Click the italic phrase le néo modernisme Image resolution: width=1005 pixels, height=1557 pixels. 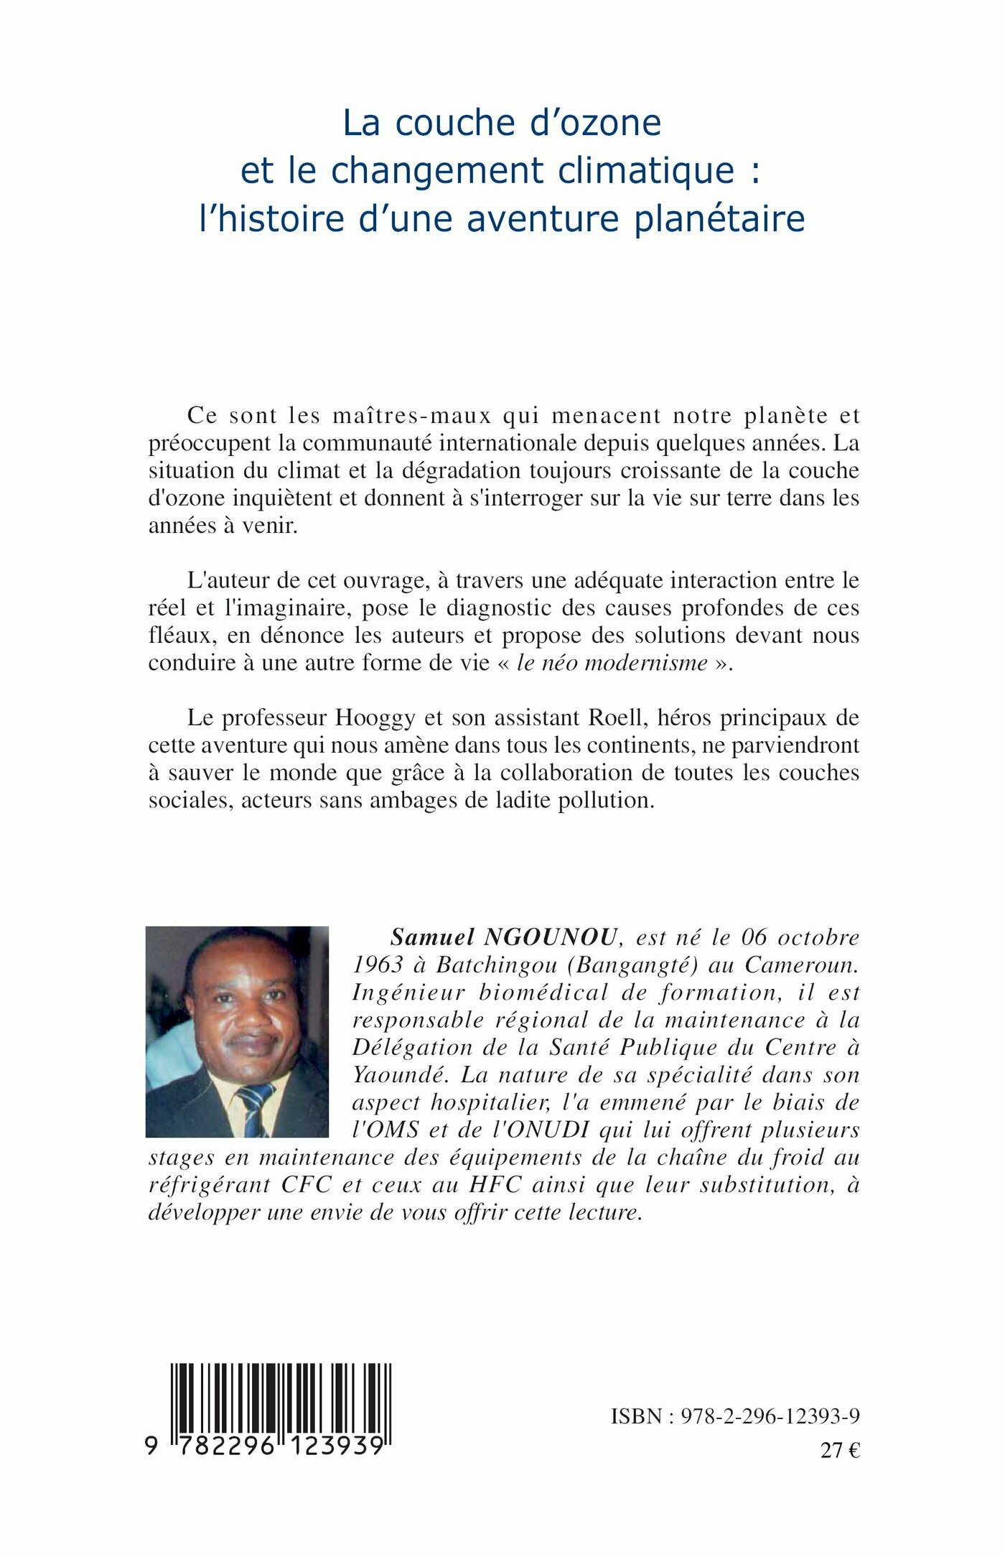[x=612, y=662]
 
